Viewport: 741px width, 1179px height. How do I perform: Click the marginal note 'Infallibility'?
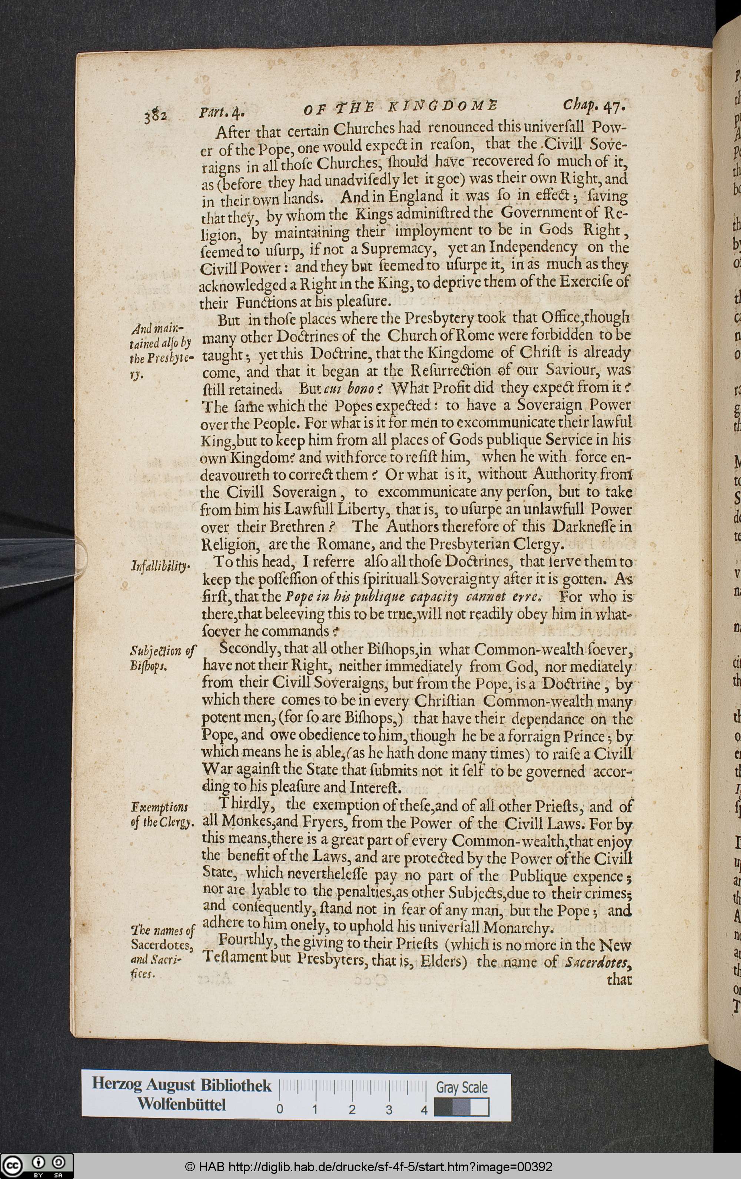(x=160, y=567)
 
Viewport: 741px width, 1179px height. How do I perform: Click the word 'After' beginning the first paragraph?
(x=235, y=133)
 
